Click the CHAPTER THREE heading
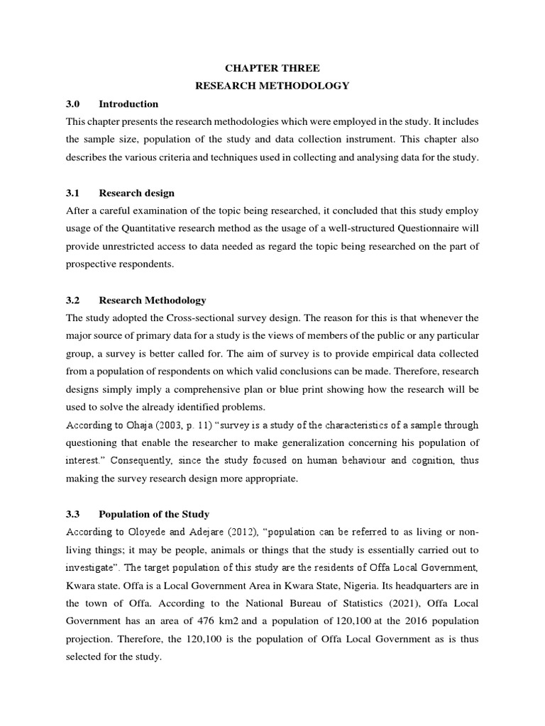[272, 68]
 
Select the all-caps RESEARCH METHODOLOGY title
[272, 86]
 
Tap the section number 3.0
[73, 104]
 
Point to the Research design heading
[136, 193]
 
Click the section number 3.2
[73, 300]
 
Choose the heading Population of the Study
[154, 514]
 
